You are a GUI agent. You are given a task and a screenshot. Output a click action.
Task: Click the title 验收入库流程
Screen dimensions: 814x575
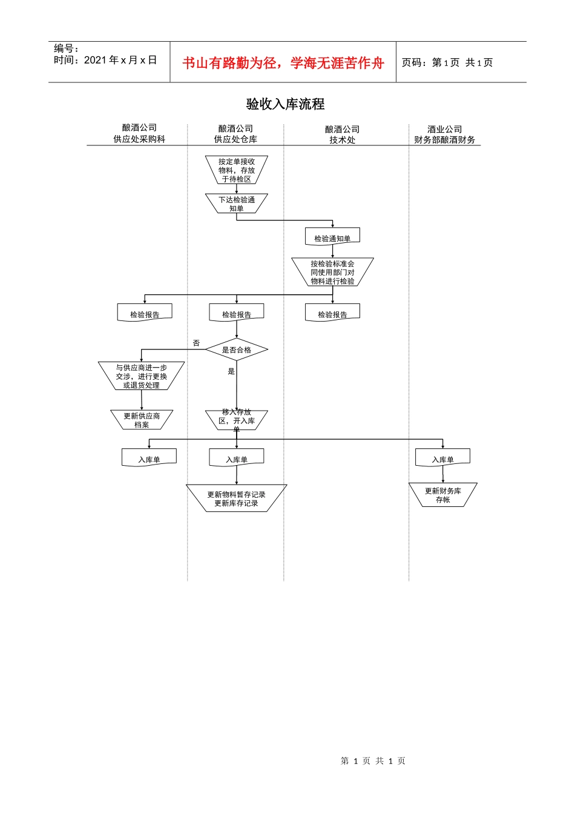285,104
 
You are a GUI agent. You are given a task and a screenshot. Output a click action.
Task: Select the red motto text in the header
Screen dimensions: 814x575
283,63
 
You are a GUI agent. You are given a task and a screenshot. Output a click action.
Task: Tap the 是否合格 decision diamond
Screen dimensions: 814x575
236,350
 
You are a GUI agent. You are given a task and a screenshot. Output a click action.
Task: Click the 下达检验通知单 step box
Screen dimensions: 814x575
236,203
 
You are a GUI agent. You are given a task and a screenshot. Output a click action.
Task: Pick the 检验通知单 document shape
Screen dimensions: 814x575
332,237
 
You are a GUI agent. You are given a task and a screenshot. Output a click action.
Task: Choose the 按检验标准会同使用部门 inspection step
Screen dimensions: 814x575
332,273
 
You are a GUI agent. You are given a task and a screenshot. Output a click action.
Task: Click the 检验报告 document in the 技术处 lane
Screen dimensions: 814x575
332,314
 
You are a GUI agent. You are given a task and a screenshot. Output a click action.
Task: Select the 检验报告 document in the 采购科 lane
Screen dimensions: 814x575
145,314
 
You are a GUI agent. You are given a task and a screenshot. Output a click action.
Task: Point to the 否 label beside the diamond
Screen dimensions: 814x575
196,343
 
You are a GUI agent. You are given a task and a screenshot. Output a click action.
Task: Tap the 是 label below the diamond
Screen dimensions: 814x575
231,371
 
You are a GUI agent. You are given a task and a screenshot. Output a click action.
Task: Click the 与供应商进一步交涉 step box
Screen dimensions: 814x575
141,376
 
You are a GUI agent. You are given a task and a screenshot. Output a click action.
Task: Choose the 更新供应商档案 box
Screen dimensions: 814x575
142,420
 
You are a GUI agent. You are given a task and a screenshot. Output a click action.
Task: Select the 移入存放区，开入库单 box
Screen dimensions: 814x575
236,420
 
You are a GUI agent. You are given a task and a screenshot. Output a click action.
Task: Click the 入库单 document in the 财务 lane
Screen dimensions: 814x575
442,458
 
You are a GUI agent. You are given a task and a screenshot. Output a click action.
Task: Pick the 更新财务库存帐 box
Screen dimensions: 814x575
442,495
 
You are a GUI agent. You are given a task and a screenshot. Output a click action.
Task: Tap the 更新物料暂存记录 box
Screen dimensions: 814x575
236,498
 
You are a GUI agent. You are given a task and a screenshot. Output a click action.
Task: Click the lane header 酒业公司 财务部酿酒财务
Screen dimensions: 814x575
444,134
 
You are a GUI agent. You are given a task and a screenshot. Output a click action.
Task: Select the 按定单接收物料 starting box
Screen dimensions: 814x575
236,170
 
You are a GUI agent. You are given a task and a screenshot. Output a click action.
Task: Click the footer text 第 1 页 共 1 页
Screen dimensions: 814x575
373,761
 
